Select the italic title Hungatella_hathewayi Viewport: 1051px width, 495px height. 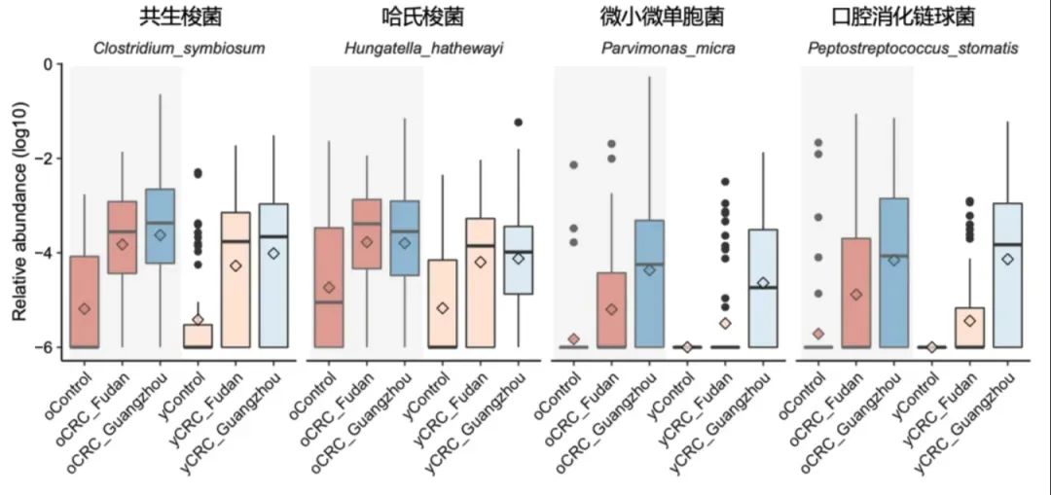423,48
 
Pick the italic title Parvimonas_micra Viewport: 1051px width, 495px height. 668,48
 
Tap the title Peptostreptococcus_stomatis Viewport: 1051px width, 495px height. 913,48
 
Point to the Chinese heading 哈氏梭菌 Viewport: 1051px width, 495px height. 423,18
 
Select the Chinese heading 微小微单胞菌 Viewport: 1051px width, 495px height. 668,18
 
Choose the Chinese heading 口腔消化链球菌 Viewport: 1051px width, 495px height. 913,18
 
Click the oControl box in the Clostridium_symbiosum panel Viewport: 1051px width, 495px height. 85,301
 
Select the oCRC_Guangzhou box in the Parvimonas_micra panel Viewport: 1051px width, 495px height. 649,283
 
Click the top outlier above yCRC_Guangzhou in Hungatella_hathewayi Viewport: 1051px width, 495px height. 519,123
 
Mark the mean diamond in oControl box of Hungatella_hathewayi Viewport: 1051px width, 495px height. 329,288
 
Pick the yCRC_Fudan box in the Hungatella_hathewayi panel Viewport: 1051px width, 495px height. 481,282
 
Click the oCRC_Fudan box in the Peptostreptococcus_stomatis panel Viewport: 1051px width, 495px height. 856,293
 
